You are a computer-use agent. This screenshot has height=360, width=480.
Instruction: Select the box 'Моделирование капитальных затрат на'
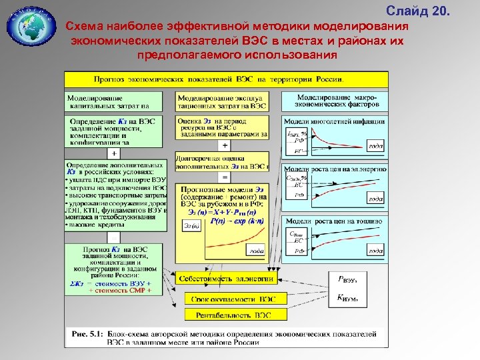coord(113,101)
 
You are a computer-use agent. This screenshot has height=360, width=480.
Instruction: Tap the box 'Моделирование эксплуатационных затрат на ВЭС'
coord(223,101)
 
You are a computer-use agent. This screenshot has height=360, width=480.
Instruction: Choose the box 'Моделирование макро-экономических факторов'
coord(333,101)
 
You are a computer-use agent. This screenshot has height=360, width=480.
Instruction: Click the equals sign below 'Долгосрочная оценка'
coord(225,177)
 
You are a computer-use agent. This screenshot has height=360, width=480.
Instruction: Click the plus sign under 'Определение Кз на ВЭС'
coord(114,153)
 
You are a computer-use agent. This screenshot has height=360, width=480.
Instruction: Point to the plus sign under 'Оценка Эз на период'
coord(225,145)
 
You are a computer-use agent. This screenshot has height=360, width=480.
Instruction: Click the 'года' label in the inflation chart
coord(376,146)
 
